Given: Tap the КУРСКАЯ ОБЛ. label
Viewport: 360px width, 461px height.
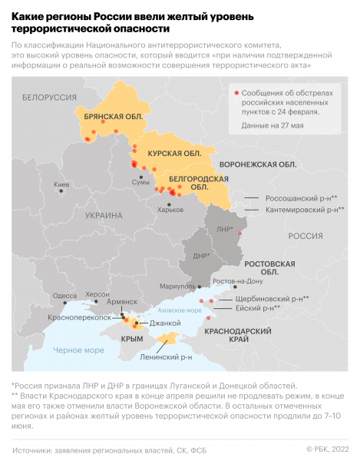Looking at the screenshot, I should [x=174, y=154].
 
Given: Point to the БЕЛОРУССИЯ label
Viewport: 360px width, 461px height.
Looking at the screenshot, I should [x=50, y=98].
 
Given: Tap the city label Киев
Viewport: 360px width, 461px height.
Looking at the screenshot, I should [x=61, y=185].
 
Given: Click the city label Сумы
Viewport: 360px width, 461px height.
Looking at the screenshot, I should [x=141, y=182].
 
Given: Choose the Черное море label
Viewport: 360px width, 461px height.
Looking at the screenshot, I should [x=78, y=350].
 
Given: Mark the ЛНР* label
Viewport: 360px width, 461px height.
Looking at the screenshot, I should [x=225, y=230].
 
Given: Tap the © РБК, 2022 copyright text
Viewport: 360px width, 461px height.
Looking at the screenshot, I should [x=327, y=449].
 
